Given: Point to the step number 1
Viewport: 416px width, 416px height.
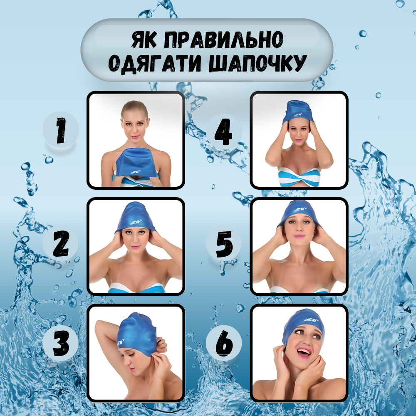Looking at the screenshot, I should (x=61, y=130).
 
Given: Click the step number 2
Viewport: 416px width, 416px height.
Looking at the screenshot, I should (x=61, y=244).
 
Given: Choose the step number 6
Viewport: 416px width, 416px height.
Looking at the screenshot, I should (x=224, y=344).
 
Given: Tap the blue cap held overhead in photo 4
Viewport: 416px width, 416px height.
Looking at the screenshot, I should (x=299, y=110).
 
